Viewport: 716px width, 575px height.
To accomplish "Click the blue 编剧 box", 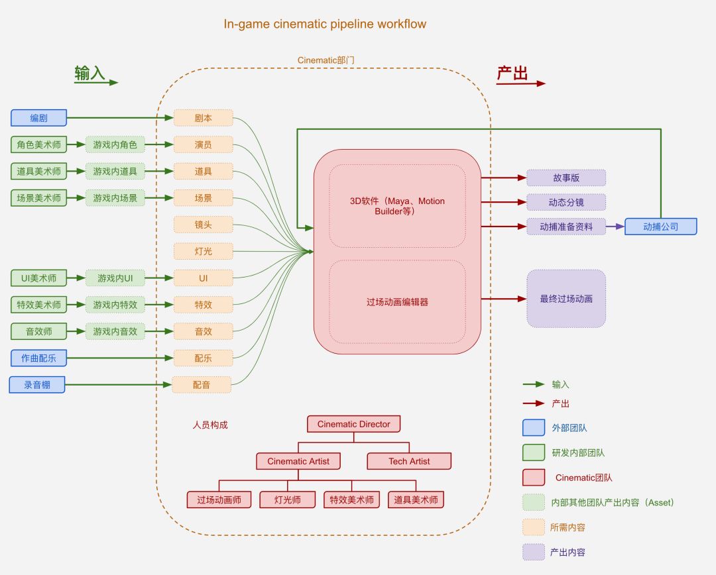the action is (x=39, y=118).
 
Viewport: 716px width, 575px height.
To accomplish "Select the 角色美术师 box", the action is (x=39, y=144).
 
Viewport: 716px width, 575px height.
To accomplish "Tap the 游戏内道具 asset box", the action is (x=115, y=171).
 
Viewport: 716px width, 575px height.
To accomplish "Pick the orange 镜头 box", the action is (x=204, y=225).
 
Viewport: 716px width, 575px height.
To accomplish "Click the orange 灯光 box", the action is (x=204, y=251).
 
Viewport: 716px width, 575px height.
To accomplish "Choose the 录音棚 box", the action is (x=37, y=385).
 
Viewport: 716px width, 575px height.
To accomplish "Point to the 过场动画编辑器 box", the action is (x=397, y=301).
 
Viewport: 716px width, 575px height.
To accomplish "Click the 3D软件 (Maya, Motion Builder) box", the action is (x=397, y=206).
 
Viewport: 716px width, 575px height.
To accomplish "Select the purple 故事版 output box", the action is (x=566, y=178).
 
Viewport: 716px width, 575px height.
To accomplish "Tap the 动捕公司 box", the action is (x=661, y=227).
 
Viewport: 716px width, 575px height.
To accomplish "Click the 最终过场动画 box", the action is (x=566, y=299).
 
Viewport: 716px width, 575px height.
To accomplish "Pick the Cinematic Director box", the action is (x=354, y=424).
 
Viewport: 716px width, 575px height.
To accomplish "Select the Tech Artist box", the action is (x=409, y=461).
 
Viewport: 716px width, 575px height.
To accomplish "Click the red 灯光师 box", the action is (x=288, y=499).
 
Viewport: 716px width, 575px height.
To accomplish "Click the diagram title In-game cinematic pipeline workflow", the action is (x=325, y=25).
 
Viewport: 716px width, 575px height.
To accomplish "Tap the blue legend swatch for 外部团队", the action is (x=534, y=427).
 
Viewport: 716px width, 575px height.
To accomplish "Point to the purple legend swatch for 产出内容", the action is (x=534, y=552).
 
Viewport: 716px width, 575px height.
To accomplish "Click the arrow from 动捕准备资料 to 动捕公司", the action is (x=615, y=227).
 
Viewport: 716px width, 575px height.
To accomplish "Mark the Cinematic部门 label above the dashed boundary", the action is (x=326, y=60).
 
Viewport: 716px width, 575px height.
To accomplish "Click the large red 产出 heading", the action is (x=512, y=73).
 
